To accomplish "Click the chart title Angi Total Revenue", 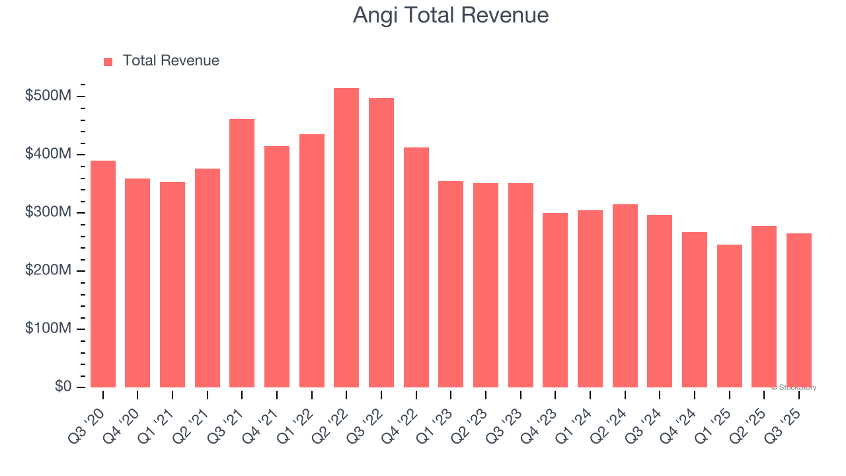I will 450,15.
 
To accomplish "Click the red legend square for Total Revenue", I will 108,61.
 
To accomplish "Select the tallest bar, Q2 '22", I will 346,238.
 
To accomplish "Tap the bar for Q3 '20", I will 103,274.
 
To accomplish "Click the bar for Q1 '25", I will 729,316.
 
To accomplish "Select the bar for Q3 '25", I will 798,311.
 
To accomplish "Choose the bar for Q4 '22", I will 416,267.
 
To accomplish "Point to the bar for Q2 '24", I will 625,296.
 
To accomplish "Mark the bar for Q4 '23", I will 555,300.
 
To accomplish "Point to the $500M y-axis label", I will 48,97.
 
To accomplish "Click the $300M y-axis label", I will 48,213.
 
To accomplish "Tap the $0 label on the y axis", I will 62,387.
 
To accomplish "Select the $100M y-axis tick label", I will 48,329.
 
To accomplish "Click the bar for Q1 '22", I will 311,260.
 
